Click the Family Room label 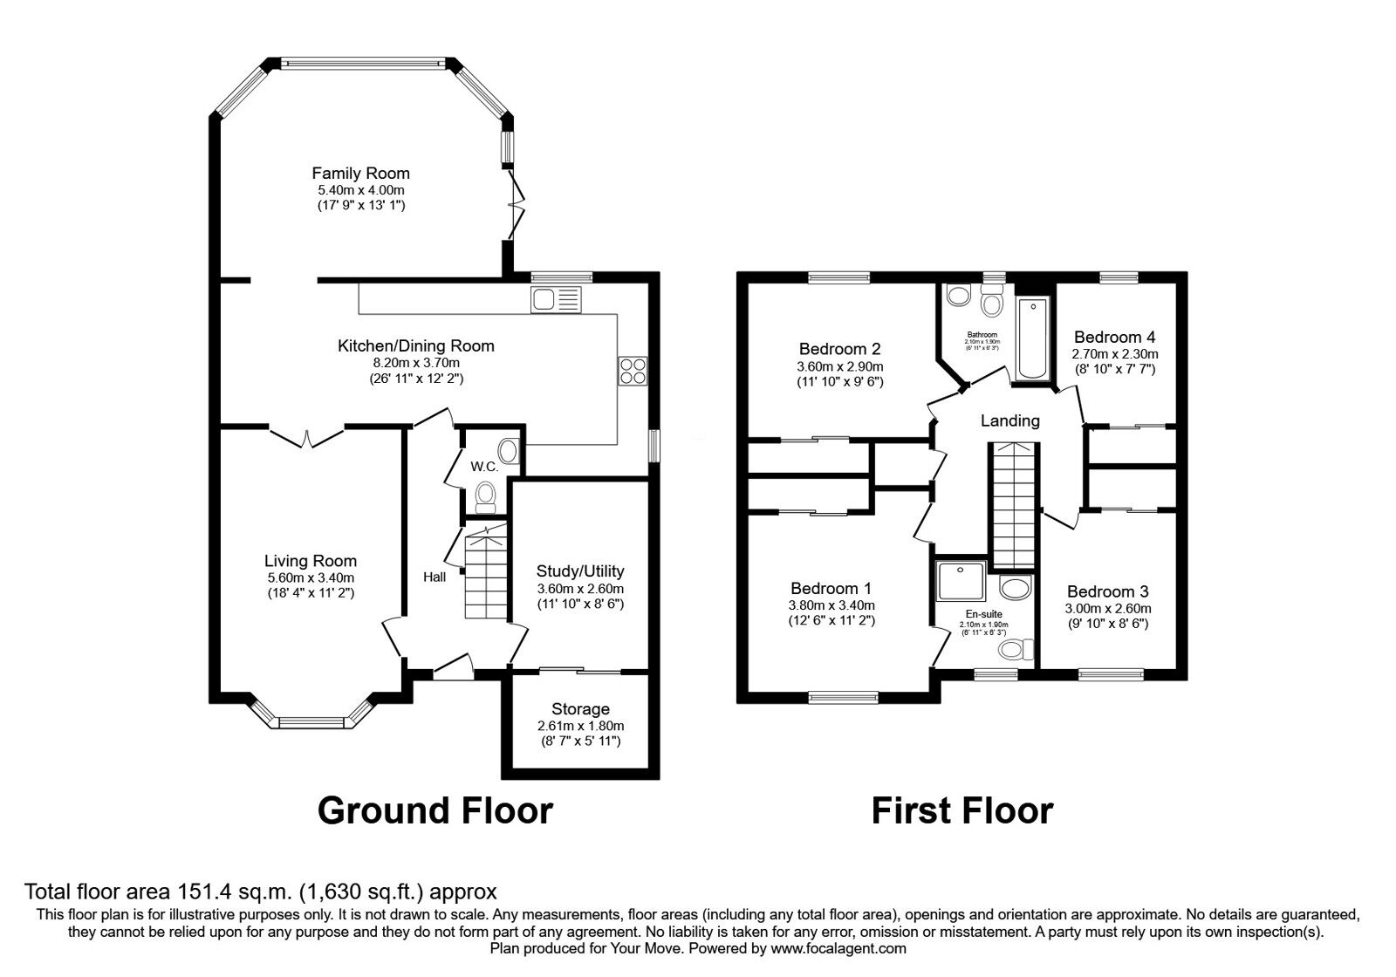[x=360, y=174]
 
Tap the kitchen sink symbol [x=556, y=299]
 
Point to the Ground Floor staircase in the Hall [x=485, y=573]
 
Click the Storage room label [x=580, y=709]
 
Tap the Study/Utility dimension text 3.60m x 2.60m [x=580, y=589]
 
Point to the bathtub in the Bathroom [x=1032, y=339]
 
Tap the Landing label [x=1009, y=420]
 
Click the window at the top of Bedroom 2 [x=839, y=278]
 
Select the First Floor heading [x=961, y=810]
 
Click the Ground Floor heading [x=435, y=810]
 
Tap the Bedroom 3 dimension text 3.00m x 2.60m [x=1107, y=608]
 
